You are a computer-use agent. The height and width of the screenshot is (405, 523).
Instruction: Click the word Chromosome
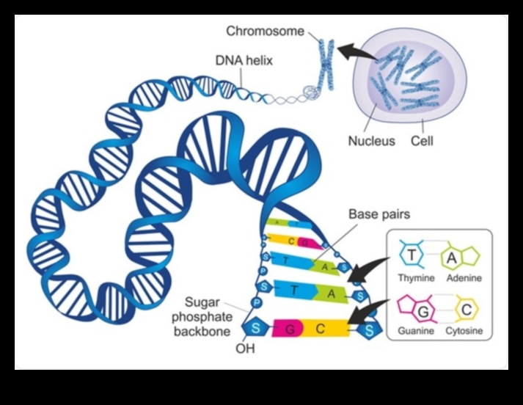click(x=266, y=31)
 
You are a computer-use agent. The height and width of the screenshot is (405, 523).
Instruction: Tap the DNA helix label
click(x=244, y=61)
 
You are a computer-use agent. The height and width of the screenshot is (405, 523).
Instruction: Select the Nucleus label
click(x=371, y=140)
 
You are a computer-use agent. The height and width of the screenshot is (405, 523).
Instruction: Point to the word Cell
click(x=422, y=140)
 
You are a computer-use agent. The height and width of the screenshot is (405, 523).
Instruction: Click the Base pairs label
click(x=379, y=215)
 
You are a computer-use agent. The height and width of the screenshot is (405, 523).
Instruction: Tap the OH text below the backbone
click(x=244, y=348)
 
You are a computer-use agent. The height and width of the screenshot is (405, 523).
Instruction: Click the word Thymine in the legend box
click(x=417, y=278)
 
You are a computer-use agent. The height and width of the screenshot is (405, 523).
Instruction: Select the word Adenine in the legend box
click(x=464, y=278)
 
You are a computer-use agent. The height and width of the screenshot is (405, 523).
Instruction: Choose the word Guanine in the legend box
click(x=416, y=331)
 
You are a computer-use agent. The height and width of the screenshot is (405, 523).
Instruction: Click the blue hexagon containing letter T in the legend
click(x=412, y=255)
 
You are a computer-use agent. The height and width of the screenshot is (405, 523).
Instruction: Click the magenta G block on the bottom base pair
click(x=288, y=328)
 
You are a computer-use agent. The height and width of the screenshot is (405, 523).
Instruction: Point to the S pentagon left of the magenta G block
click(x=257, y=327)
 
